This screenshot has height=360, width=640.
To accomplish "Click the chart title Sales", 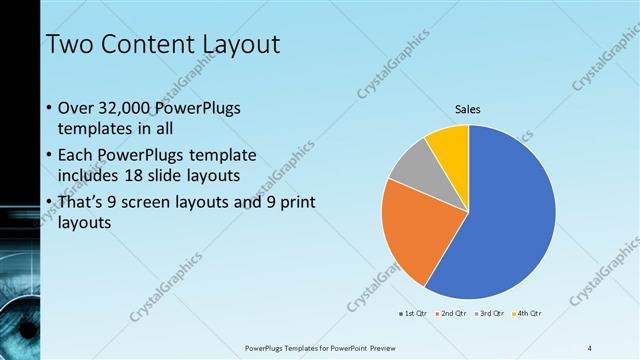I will click(x=468, y=107).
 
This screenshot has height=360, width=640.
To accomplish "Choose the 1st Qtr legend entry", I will click(x=414, y=315).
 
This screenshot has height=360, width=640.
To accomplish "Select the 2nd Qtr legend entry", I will click(x=453, y=315).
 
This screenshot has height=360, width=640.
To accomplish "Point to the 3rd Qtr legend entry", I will click(x=491, y=315).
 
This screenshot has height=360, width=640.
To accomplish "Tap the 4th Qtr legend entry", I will click(x=529, y=315).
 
